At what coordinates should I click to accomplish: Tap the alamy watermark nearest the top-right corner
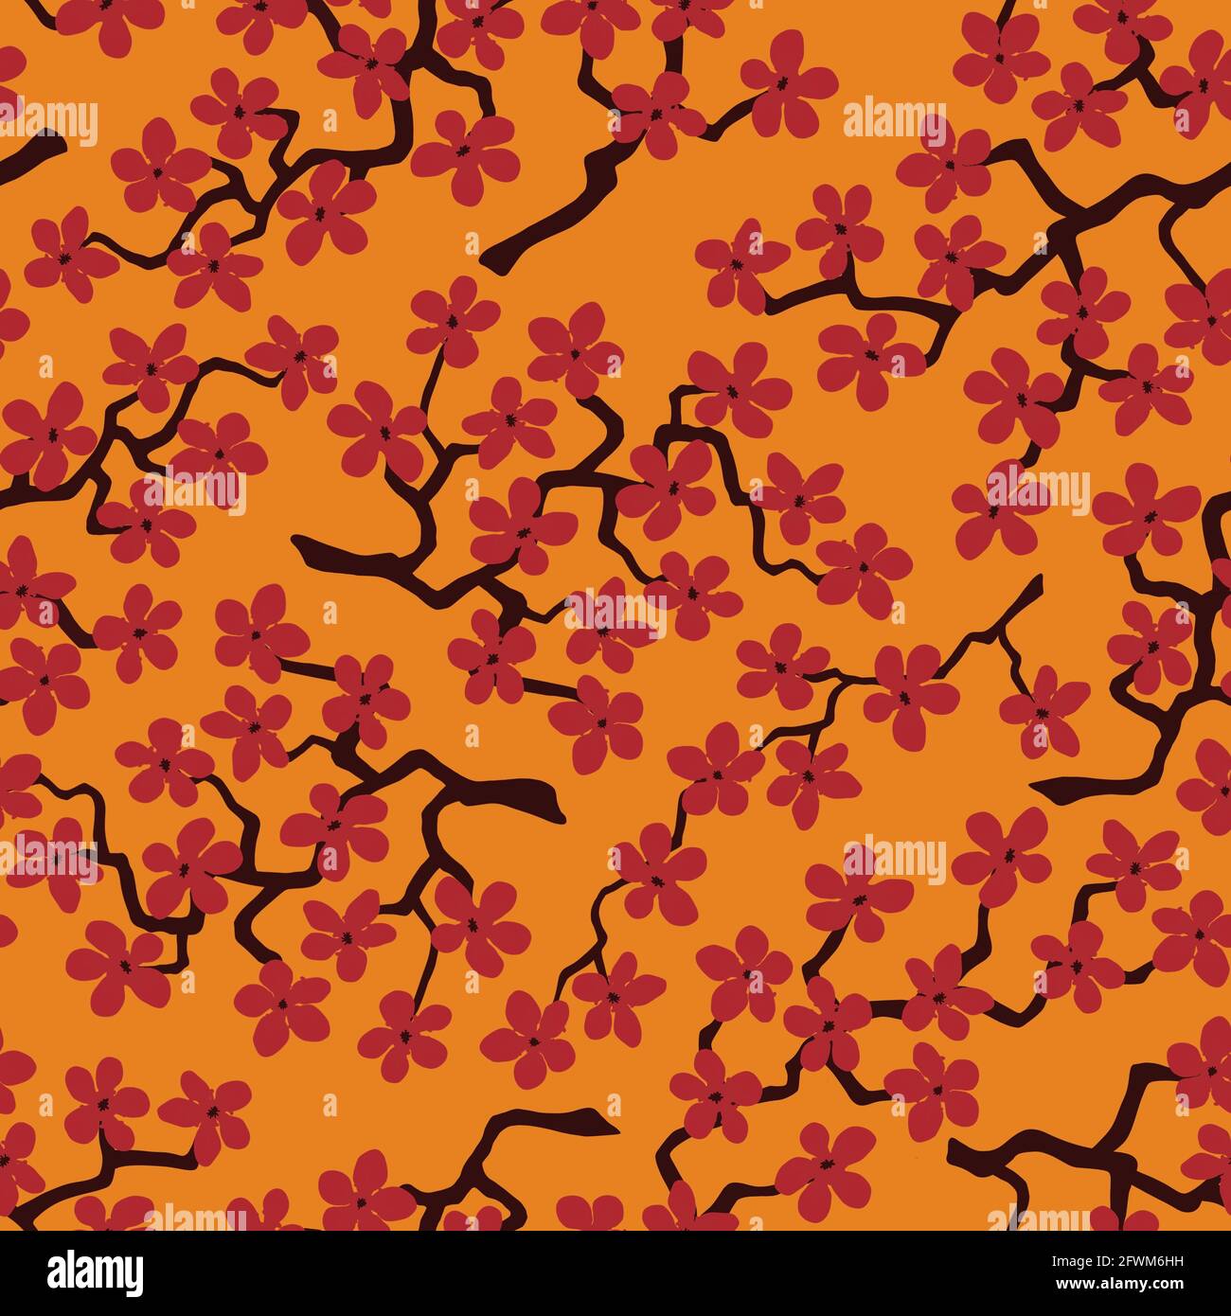(x=895, y=120)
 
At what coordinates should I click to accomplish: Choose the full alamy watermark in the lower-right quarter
(x=895, y=858)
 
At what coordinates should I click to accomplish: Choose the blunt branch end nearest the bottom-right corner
(x=956, y=1150)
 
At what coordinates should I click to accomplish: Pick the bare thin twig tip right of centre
(x=1039, y=579)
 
